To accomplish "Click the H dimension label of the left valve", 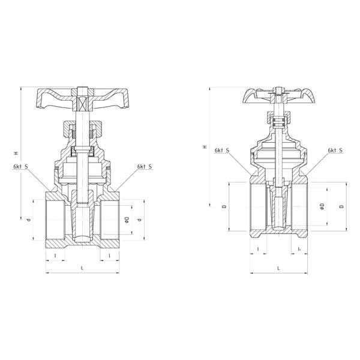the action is tap(16, 153).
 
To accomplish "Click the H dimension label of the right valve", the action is tap(205, 147).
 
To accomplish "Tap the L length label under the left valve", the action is tap(82, 268).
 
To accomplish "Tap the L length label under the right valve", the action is tap(279, 268).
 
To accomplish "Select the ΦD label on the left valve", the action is tap(127, 220).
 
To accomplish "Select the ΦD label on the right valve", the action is tap(322, 206).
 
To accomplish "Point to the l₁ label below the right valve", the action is tap(299, 249).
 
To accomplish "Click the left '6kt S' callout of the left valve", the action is tap(20, 166).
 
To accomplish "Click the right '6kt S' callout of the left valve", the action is tap(145, 166).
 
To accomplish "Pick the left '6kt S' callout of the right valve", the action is tap(222, 151).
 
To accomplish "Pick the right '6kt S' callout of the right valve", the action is tap(335, 151).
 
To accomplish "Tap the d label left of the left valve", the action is tap(29, 220).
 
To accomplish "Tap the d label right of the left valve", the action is tap(139, 220).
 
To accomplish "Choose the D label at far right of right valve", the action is tap(342, 206).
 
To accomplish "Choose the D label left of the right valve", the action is tap(224, 206).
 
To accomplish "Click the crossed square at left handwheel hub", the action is tap(82, 103).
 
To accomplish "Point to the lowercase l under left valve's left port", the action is tap(55, 255).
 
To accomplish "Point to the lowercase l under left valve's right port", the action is tap(110, 255).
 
